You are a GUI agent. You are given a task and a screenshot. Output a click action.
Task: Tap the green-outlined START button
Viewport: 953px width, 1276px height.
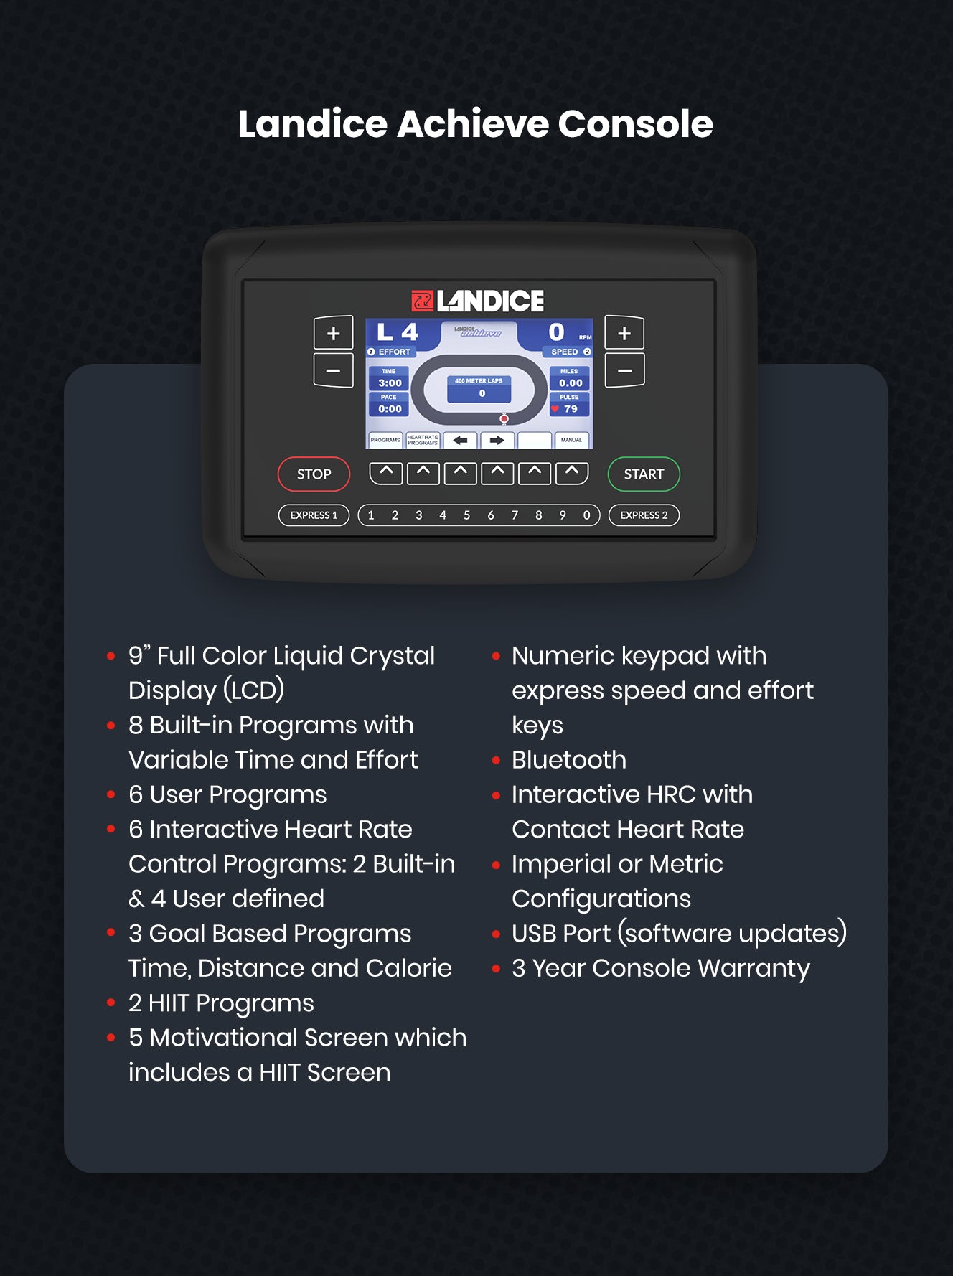(x=644, y=474)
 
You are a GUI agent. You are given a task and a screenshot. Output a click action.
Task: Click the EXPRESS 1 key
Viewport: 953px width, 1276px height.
(x=314, y=515)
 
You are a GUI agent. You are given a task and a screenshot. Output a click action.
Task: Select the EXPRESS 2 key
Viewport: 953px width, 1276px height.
(x=644, y=515)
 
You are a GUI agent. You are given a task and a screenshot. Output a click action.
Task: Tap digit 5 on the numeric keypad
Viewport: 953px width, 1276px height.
(x=466, y=515)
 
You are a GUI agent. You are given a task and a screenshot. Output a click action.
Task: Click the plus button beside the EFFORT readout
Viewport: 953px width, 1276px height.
(x=333, y=334)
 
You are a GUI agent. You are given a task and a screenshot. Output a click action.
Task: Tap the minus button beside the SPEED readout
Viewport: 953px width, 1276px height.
(x=624, y=370)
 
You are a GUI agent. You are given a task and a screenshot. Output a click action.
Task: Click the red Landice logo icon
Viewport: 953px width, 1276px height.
(x=422, y=301)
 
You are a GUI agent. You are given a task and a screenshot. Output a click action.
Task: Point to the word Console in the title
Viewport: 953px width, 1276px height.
(x=635, y=124)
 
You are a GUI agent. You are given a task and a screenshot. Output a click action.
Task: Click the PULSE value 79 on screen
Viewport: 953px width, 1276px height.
(x=571, y=409)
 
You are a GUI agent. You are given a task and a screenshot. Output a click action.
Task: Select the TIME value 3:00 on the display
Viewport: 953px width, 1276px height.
(x=390, y=383)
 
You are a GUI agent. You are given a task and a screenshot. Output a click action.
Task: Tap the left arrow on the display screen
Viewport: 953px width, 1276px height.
(x=460, y=440)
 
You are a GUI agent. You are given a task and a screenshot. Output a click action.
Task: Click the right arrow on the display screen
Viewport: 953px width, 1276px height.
(x=497, y=440)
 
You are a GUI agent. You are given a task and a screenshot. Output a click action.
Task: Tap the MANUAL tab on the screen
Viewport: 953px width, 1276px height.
(x=571, y=440)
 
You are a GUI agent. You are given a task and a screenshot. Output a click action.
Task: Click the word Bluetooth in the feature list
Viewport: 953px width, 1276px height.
(x=569, y=760)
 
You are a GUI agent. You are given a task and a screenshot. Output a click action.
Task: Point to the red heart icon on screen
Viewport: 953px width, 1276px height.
(x=555, y=409)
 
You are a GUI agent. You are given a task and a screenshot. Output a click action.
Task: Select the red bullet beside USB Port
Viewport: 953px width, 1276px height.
(x=496, y=934)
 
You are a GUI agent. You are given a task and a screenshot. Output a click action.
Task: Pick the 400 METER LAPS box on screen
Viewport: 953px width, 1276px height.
(x=479, y=388)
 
